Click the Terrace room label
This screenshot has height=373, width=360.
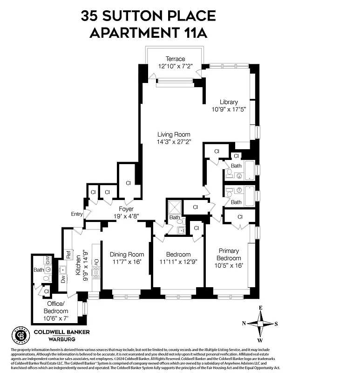tap(176, 59)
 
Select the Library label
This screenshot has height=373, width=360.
tap(229, 102)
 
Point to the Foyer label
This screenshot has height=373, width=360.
tap(126, 209)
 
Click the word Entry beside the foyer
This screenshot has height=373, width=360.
tap(77, 214)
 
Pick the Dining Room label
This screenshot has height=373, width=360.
tap(127, 255)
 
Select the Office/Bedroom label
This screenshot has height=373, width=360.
tap(55, 308)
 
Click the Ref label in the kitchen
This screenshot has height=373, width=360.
tap(68, 255)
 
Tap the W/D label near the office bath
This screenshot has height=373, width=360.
tap(48, 258)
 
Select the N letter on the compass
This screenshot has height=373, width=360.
tap(244, 323)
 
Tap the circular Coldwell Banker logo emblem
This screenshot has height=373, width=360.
tap(20, 335)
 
